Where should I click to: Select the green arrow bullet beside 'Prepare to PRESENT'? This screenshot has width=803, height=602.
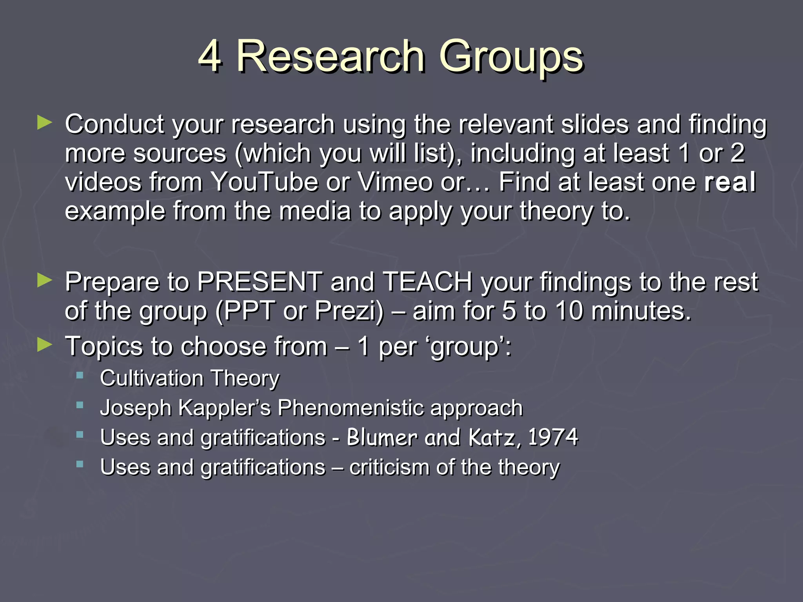[44, 280]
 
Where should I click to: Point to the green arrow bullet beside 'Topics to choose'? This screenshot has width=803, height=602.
[44, 345]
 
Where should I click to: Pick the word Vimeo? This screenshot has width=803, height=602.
[395, 182]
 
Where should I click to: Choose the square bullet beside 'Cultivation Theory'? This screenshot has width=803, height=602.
[80, 375]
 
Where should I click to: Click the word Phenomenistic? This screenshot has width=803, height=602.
[351, 408]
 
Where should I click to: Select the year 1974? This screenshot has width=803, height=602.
[553, 437]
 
